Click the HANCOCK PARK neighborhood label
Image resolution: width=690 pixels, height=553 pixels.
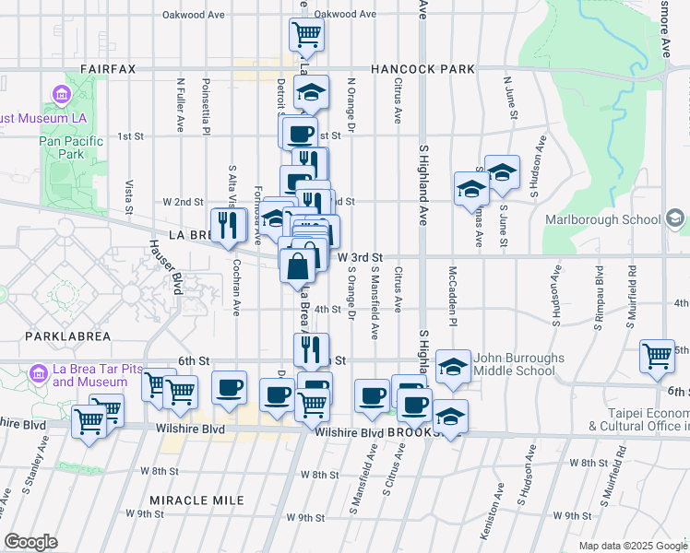422,69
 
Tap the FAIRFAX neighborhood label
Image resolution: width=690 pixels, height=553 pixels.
107,69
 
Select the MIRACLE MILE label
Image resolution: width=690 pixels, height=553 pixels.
197,500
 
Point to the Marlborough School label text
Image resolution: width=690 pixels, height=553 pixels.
602,219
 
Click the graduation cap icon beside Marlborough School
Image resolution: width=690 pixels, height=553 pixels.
675,218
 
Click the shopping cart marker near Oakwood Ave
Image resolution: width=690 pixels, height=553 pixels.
306,35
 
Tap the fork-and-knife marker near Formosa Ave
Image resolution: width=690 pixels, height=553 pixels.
225,223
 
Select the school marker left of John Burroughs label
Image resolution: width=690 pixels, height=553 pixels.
453,366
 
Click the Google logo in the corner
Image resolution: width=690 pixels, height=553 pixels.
30,542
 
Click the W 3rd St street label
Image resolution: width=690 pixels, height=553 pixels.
360,258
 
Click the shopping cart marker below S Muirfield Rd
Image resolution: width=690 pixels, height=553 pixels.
658,355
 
